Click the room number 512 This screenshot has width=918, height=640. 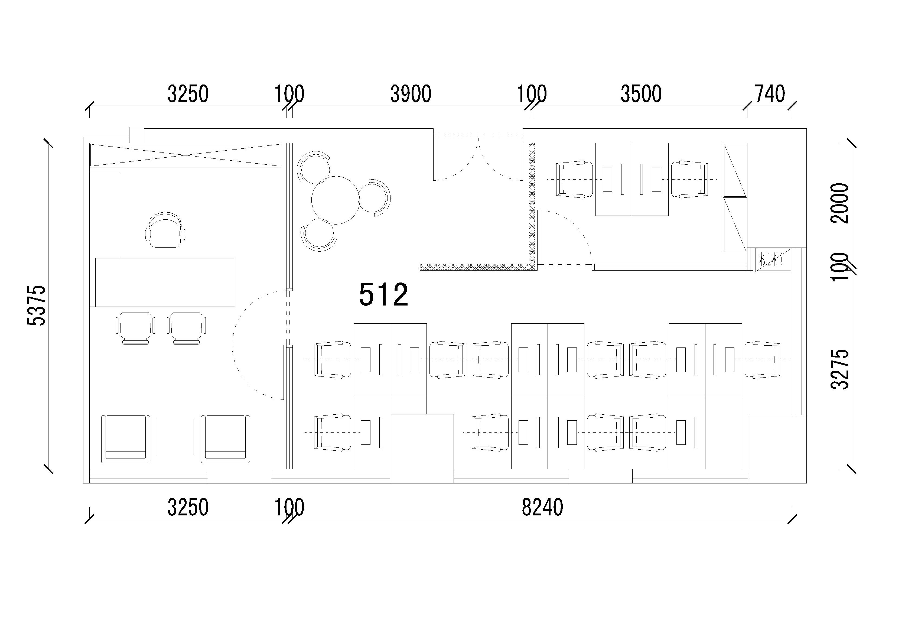(383, 294)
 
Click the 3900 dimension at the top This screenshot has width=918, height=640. (411, 94)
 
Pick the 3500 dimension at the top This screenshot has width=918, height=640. (641, 94)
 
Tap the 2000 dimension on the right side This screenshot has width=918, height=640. (839, 203)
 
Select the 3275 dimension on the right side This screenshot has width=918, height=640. (839, 369)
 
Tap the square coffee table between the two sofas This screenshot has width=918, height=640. (175, 437)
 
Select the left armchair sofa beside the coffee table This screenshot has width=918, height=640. (126, 439)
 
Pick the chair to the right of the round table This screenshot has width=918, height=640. (375, 198)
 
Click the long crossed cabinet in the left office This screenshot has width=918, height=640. (185, 155)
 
